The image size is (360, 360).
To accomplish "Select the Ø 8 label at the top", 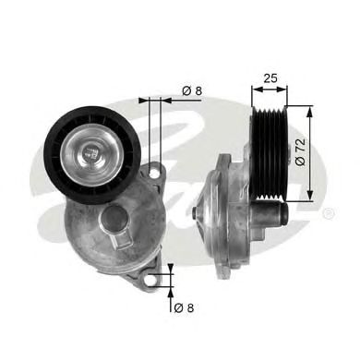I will pos(190,90).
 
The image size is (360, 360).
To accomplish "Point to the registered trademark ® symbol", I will pos(329,214).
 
